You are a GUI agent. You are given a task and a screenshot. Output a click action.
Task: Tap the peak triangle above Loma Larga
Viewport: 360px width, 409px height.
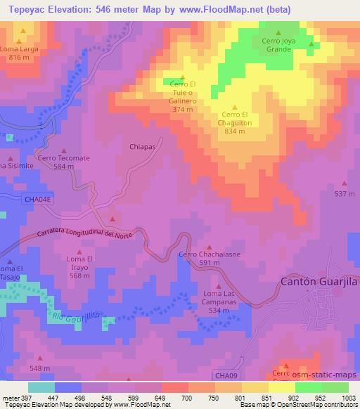coord(22,32)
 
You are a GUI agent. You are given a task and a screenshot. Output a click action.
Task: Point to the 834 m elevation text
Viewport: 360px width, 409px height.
coord(235,131)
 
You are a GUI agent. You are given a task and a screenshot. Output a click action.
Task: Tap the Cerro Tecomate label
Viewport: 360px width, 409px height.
coord(64,158)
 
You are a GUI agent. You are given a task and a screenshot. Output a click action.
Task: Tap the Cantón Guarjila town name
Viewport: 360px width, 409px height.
coord(315,281)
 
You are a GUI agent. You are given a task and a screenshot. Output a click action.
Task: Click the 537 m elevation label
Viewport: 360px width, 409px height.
coord(344,193)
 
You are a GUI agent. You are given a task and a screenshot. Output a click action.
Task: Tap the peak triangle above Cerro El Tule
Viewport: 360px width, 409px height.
coord(183,78)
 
